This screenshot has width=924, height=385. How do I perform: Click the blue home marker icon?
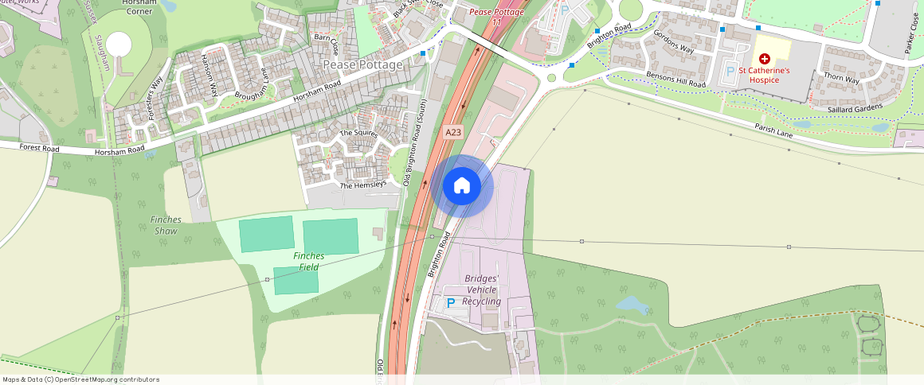click(462, 186)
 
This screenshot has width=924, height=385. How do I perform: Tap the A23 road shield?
click(453, 133)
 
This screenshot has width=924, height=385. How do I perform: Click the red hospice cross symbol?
click(765, 59)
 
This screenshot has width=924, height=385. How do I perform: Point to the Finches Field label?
click(308, 261)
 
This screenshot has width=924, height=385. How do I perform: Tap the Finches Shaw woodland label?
click(166, 225)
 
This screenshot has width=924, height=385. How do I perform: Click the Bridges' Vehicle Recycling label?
click(482, 290)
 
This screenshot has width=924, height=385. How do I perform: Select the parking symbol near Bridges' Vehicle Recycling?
click(450, 303)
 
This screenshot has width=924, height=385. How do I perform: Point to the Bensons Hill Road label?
click(675, 79)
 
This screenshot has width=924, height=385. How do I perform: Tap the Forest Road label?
click(40, 147)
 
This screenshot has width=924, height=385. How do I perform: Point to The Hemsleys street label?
click(362, 185)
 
